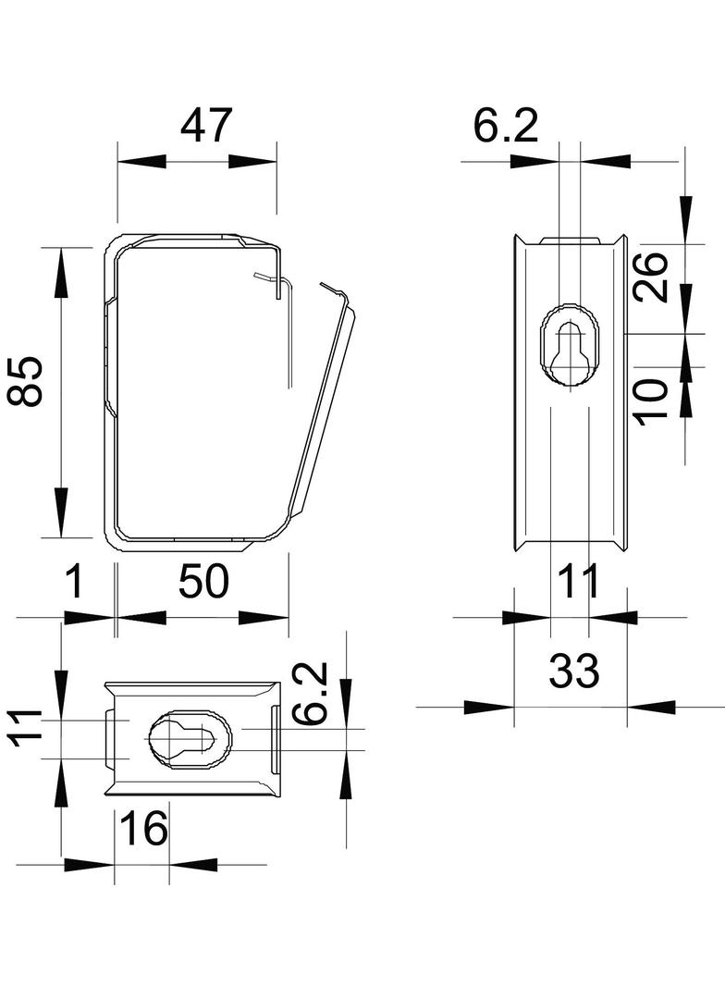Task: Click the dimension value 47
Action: pos(204,126)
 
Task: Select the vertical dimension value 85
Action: pos(28,381)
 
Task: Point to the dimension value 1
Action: pos(75,583)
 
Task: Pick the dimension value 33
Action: pos(573,671)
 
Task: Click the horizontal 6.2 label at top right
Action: pos(506,126)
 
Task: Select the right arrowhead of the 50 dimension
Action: pos(263,617)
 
